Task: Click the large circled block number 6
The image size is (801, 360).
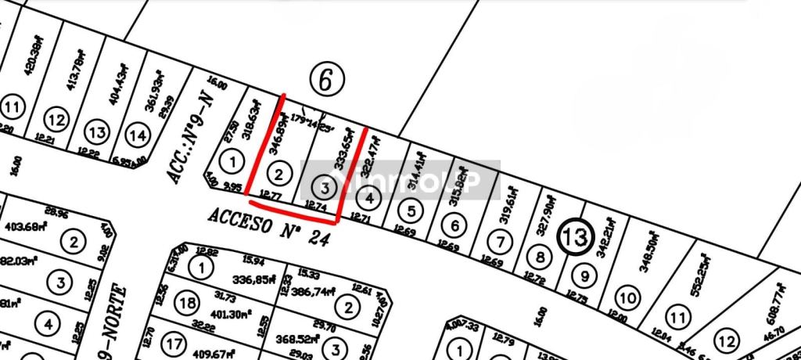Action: click(x=326, y=78)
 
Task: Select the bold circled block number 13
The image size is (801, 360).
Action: click(x=576, y=237)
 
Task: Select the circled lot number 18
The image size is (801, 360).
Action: click(x=188, y=304)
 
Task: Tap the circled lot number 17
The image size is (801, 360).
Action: click(x=174, y=342)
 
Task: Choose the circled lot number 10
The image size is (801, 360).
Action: click(x=627, y=297)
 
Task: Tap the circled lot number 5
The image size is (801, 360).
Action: click(x=411, y=210)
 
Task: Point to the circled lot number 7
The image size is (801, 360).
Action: click(x=500, y=240)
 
